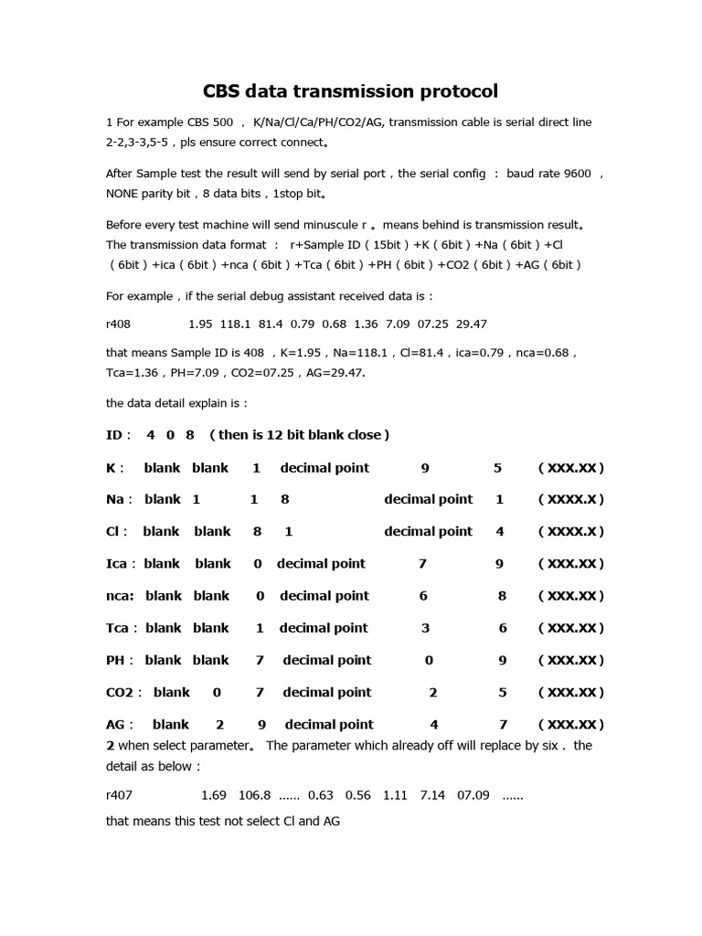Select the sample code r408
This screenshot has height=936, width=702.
click(x=120, y=324)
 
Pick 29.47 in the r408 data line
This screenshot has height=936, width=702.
click(x=471, y=324)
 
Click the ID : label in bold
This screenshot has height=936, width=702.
click(x=119, y=435)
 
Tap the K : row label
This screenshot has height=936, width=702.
click(x=115, y=468)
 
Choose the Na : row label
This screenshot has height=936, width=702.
click(x=119, y=500)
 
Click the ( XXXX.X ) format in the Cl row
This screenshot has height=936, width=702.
click(x=571, y=532)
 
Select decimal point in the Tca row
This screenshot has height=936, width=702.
click(x=324, y=628)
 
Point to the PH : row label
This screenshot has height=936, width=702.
click(x=119, y=660)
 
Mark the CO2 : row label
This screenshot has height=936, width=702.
click(x=124, y=692)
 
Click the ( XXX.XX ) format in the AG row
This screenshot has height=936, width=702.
click(x=571, y=725)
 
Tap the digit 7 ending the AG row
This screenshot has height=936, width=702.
click(x=503, y=725)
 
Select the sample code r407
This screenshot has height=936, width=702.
click(x=120, y=795)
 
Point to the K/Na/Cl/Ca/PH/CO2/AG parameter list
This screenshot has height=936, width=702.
click(x=316, y=122)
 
